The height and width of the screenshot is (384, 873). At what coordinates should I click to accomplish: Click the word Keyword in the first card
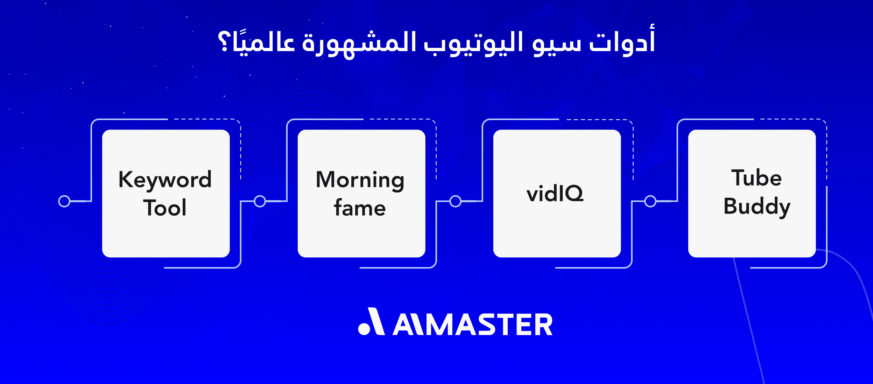[x=165, y=180]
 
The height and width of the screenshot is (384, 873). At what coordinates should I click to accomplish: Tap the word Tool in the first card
[x=165, y=208]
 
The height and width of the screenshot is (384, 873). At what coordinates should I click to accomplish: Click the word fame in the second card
[x=360, y=208]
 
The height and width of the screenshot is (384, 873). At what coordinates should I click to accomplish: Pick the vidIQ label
[x=555, y=193]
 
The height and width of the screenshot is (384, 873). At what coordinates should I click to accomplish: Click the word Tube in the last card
[x=756, y=178]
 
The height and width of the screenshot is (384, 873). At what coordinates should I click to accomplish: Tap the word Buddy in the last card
[x=756, y=206]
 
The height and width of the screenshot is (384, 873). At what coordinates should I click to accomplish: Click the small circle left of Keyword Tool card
[x=64, y=201]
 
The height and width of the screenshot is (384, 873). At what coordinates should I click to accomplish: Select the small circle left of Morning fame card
[x=260, y=201]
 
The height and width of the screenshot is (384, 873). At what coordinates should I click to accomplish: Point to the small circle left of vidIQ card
[x=455, y=201]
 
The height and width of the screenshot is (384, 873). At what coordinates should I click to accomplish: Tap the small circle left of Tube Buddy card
[x=650, y=201]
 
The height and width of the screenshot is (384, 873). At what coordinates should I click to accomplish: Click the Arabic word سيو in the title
[x=557, y=44]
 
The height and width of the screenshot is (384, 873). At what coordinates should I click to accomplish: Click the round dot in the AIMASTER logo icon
[x=364, y=329]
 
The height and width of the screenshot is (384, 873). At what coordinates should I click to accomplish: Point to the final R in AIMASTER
[x=543, y=324]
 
